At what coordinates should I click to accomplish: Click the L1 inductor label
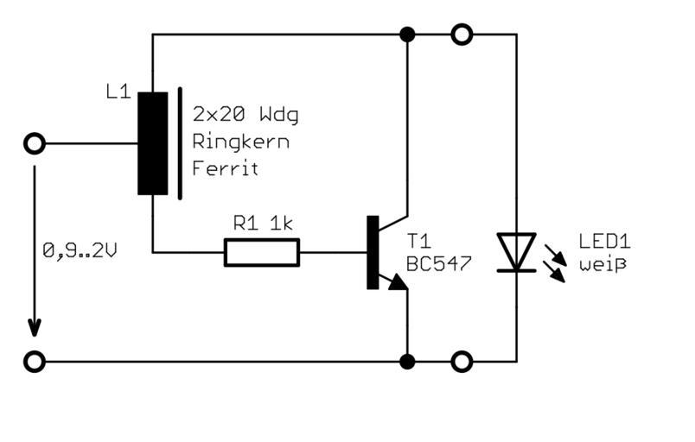pyautogui.click(x=118, y=91)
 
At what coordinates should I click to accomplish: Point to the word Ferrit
pyautogui.click(x=226, y=169)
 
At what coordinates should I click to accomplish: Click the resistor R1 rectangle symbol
pyautogui.click(x=262, y=253)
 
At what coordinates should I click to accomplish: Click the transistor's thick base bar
pyautogui.click(x=373, y=252)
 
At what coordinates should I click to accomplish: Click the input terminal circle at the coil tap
pyautogui.click(x=35, y=143)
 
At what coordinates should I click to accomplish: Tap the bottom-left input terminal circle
pyautogui.click(x=35, y=360)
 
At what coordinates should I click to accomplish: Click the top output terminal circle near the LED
pyautogui.click(x=462, y=35)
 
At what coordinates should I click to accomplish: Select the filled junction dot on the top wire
pyautogui.click(x=407, y=35)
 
